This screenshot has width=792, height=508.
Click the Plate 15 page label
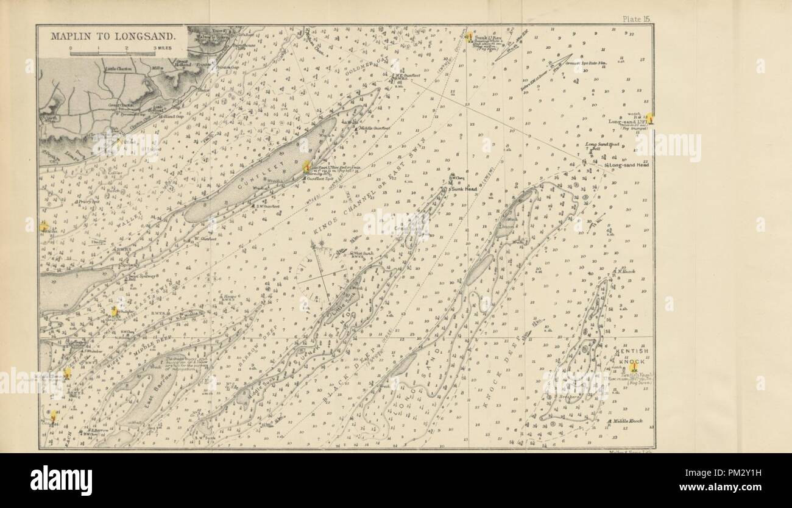tap(637, 20)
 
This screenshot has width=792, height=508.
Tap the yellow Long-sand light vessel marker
tap(651, 118)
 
